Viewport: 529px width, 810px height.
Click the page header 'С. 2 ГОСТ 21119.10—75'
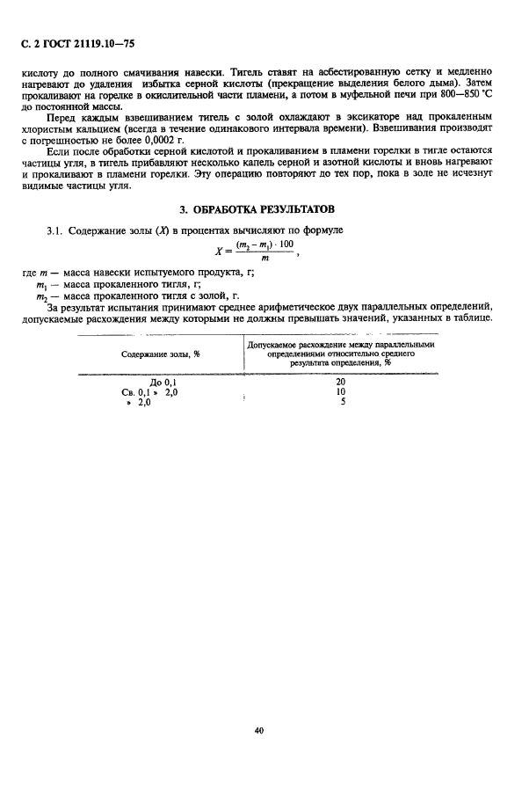[x=77, y=41]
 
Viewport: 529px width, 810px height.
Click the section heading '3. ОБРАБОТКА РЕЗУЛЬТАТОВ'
[x=264, y=210]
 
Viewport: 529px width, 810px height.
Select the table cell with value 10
[x=340, y=391]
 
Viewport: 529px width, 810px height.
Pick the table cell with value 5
[x=341, y=402]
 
